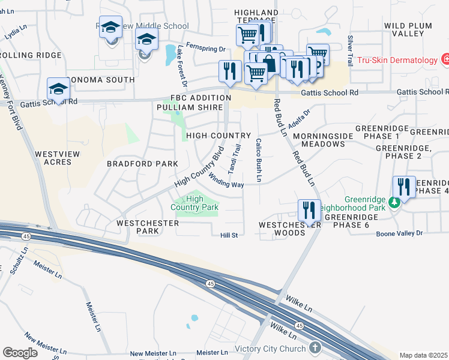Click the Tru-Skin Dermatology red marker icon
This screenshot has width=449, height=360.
point(445,60)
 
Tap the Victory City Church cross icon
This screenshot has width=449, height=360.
point(316,348)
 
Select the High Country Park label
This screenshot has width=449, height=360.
point(194,203)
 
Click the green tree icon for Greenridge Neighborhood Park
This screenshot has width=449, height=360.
point(394,202)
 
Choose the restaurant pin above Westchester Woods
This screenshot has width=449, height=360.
point(309,211)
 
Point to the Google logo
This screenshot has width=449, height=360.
point(20,353)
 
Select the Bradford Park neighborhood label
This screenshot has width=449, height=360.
point(142,164)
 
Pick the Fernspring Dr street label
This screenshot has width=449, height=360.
point(205,50)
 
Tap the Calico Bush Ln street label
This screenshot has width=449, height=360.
point(259,160)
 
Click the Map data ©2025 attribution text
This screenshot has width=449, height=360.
point(424,355)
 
